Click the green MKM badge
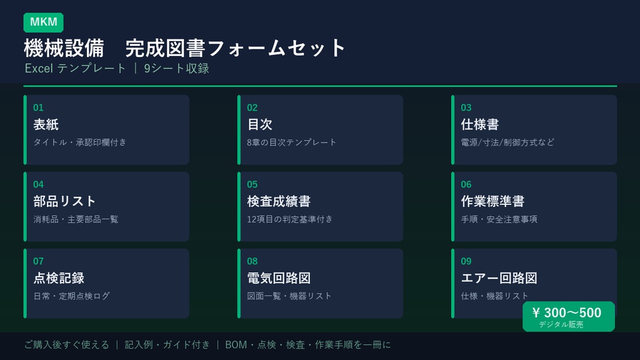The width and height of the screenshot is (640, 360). coord(43,22)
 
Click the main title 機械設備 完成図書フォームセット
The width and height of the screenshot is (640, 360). coord(185,48)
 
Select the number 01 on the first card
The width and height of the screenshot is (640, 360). coord(38,107)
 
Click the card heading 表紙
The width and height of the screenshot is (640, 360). coord(46,124)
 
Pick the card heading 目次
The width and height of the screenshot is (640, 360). coord(259,124)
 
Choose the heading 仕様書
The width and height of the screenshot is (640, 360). coord(479,124)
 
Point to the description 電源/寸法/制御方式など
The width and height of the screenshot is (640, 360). coord(507,142)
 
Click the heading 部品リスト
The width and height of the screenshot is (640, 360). coord(64,201)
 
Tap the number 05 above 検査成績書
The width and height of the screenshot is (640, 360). coord(252,184)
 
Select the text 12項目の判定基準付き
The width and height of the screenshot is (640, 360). coord(290,219)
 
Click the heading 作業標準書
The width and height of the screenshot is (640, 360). coord(492,201)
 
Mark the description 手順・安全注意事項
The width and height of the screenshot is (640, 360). coord(499,219)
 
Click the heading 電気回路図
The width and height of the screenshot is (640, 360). coord(278,278)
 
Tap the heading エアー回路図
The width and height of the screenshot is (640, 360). coord(499,278)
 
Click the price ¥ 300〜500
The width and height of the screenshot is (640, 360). coord(567,312)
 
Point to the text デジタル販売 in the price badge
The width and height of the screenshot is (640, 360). coord(561,325)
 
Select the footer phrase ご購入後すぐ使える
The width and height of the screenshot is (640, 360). coord(66,345)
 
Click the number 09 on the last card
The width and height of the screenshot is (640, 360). coord(466,261)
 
